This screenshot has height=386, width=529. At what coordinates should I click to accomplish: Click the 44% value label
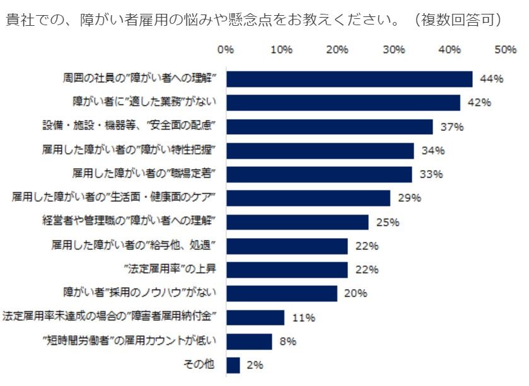(491, 79)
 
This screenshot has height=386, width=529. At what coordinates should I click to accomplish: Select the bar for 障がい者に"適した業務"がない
(343, 103)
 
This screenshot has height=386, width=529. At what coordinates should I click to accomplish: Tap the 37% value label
(451, 127)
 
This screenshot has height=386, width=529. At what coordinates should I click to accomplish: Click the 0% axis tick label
(225, 49)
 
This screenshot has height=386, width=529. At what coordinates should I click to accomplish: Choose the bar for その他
(233, 365)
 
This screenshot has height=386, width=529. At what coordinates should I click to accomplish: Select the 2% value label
(255, 365)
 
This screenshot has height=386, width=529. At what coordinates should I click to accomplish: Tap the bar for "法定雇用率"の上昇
(286, 270)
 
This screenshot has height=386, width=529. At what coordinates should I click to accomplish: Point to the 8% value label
(288, 342)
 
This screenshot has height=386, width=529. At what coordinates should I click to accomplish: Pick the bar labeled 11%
(255, 317)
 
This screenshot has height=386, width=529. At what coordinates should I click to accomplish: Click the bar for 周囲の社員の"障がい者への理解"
(349, 79)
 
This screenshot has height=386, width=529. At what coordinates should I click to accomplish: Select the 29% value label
(409, 198)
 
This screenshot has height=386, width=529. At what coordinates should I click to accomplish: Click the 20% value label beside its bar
(356, 293)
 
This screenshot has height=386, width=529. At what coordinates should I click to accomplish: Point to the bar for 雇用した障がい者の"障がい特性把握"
(320, 150)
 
